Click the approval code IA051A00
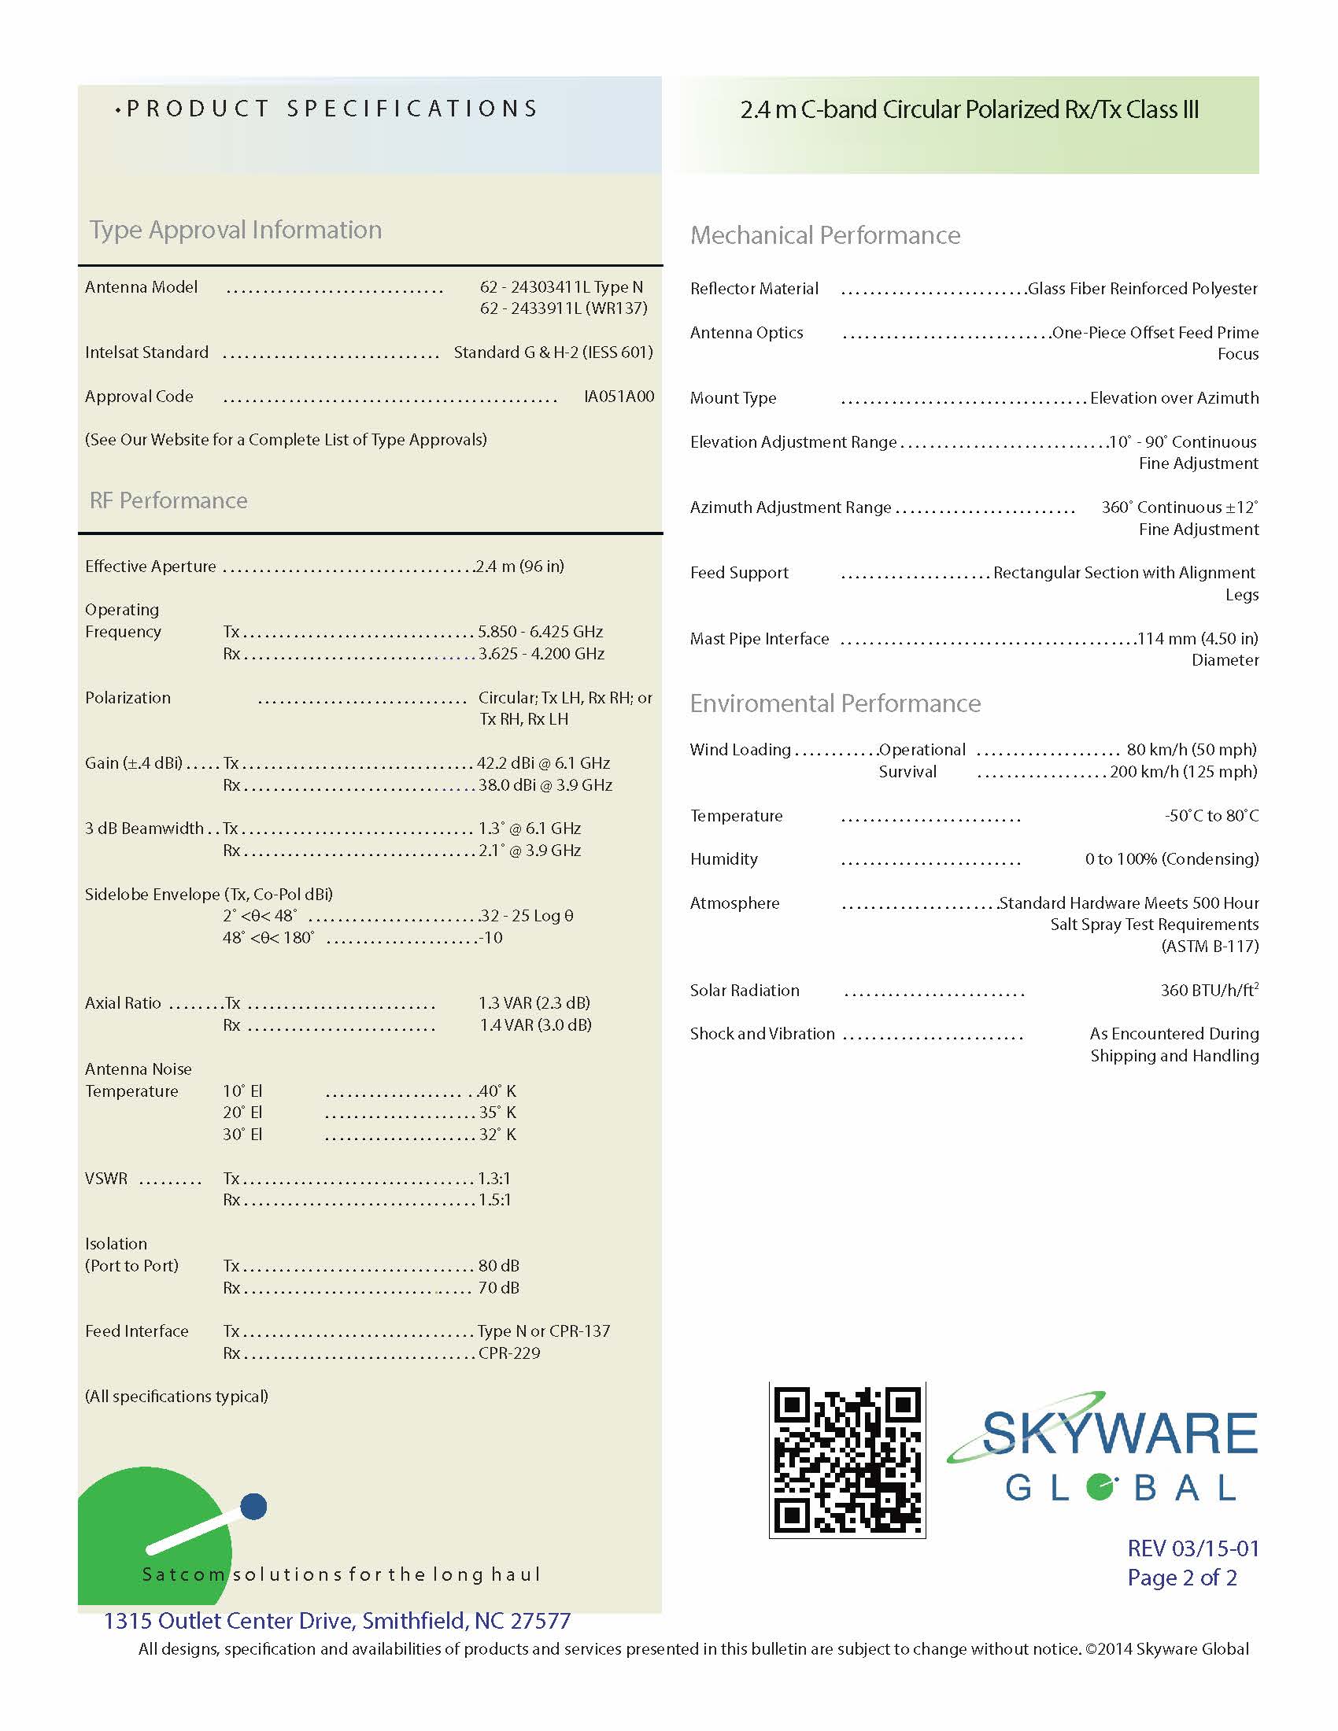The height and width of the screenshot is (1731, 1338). pos(619,397)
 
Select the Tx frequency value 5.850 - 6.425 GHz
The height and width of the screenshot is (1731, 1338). pos(540,632)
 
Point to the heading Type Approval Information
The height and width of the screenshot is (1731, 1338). pos(235,230)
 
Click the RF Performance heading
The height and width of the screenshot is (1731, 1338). pos(168,501)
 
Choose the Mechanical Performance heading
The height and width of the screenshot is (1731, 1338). pos(824,235)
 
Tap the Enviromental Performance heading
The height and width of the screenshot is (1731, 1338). pos(834,704)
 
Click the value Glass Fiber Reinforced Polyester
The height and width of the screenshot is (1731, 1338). pos(1142,289)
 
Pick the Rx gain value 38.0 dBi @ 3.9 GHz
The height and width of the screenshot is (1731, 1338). pos(545,785)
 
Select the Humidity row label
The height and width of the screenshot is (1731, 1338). pos(723,859)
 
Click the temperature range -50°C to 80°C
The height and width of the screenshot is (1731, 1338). pos(1210,816)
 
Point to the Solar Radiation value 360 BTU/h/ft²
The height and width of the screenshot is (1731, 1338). pos(1209,990)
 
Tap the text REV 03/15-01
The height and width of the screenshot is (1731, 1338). pos(1192,1548)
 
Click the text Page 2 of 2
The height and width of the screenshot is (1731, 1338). pos(1181,1578)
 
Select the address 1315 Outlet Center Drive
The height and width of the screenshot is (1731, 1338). pos(337,1621)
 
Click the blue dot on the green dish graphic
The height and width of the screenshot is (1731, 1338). pos(253,1507)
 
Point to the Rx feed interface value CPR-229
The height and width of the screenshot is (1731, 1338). pos(509,1353)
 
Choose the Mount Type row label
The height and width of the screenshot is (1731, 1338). pos(733,398)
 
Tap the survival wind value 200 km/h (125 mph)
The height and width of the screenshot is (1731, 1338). pos(1183,772)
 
